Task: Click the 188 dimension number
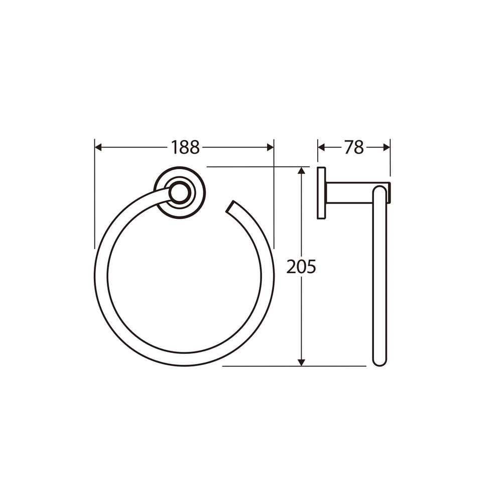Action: click(185, 148)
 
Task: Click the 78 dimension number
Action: click(354, 148)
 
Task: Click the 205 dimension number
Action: click(301, 267)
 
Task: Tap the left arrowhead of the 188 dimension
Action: click(98, 148)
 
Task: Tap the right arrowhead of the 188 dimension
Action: click(270, 148)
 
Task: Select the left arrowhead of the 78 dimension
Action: click(321, 148)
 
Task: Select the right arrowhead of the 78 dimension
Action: click(387, 148)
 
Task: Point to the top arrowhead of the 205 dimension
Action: click(301, 170)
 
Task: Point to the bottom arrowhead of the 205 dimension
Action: click(301, 362)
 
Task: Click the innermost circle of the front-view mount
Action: click(179, 193)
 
